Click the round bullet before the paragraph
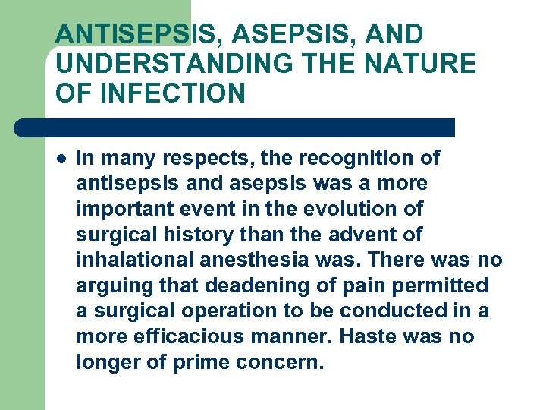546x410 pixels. pos(61,159)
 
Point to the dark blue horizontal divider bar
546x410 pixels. pos(235,128)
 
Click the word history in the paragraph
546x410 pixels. pos(198,235)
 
